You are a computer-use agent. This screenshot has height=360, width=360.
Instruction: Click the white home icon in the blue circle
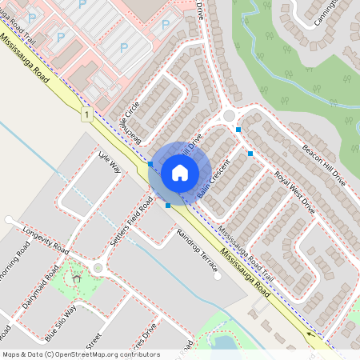click(180, 172)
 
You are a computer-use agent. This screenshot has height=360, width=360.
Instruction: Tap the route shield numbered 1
click(86, 115)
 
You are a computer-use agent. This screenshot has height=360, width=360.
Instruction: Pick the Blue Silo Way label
click(60, 321)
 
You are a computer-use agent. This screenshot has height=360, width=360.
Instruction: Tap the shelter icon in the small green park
click(78, 278)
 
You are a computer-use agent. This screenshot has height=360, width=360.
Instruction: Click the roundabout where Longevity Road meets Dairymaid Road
click(98, 268)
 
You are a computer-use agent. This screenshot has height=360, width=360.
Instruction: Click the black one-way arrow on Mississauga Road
click(310, 334)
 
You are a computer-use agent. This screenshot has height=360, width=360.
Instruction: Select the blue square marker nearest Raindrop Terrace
click(167, 206)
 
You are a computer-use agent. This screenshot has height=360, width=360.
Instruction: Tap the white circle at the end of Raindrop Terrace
click(217, 279)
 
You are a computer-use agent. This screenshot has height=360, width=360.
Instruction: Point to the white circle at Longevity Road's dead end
click(8, 219)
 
